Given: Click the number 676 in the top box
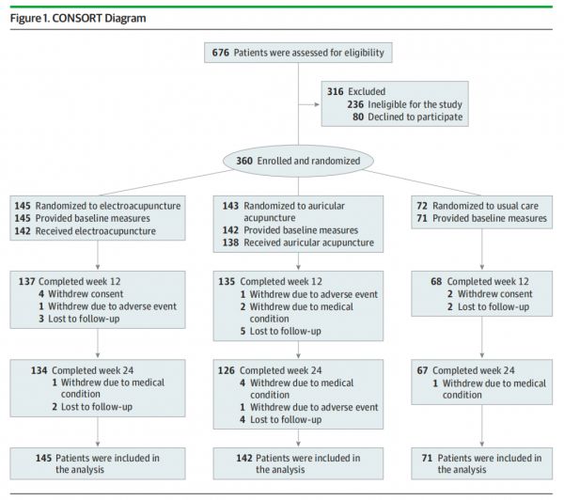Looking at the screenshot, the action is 220,53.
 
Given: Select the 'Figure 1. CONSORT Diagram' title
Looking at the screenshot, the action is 78,19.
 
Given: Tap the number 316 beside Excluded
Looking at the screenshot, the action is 335,91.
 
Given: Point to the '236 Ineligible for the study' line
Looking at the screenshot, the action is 404,104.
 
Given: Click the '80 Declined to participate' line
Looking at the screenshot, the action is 408,117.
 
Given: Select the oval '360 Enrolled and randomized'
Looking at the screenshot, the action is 298,161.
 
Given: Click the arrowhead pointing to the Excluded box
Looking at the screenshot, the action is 317,104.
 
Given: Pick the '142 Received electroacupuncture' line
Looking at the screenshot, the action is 86,231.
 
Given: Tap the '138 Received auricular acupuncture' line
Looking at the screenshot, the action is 298,242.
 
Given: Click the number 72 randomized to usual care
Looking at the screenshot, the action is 422,206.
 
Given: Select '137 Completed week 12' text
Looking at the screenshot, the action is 70,281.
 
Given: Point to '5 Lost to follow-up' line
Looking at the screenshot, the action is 280,331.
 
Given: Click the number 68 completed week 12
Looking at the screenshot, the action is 436,281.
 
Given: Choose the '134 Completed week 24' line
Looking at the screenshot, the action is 82,370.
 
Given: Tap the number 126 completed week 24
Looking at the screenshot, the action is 226,370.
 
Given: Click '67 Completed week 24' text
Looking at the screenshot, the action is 466,370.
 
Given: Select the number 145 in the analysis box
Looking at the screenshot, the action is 43,458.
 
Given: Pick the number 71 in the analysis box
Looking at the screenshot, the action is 427,458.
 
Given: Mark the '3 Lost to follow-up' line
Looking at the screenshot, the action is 79,319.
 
